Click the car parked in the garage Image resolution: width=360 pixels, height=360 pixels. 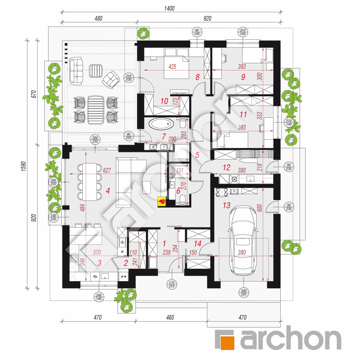coord(244,241)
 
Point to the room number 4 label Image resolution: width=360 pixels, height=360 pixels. coord(108,191)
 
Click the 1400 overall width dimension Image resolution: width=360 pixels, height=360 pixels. coord(170,8)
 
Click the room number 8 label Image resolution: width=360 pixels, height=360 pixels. coord(197,77)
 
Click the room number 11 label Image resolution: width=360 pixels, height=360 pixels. coord(243,114)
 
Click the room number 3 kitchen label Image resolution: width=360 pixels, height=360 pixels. coord(100,263)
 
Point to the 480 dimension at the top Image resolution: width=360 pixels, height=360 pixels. coord(98,18)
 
